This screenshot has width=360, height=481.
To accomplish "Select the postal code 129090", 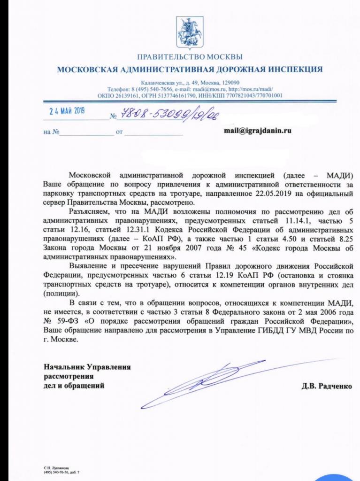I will [230, 83].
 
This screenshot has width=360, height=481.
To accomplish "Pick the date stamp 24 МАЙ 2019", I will [68, 112].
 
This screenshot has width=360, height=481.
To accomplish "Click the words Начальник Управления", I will [87, 366].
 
